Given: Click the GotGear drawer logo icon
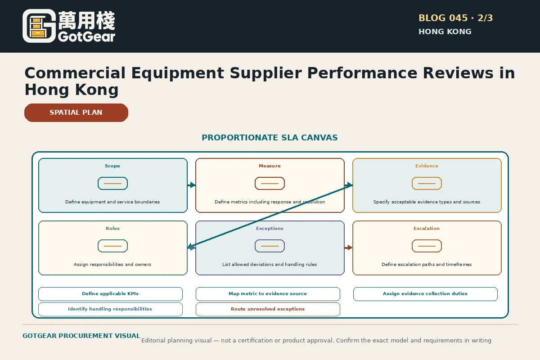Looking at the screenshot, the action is pyautogui.click(x=39, y=26).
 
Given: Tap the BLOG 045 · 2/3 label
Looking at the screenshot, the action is pyautogui.click(x=455, y=18).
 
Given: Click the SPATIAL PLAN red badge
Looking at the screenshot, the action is pyautogui.click(x=76, y=112).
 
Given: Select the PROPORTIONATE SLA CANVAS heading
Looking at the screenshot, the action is pyautogui.click(x=270, y=137).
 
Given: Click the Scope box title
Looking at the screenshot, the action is pyautogui.click(x=112, y=166).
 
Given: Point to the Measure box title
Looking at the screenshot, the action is pyautogui.click(x=270, y=166).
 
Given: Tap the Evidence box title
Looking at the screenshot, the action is pyautogui.click(x=427, y=166).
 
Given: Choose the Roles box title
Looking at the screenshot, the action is pyautogui.click(x=112, y=228).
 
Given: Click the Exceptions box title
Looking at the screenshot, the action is pyautogui.click(x=270, y=228).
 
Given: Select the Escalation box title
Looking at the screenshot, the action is pyautogui.click(x=427, y=228).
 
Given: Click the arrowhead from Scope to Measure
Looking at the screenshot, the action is pyautogui.click(x=193, y=185).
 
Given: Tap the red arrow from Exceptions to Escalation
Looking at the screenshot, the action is pyautogui.click(x=348, y=247).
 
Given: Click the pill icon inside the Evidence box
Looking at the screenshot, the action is pyautogui.click(x=427, y=184).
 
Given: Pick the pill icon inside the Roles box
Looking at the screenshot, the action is pyautogui.click(x=112, y=246).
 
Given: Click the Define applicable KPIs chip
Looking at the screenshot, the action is pyautogui.click(x=110, y=294).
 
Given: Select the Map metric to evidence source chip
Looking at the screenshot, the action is pyautogui.click(x=268, y=294).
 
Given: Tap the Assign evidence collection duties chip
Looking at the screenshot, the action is pyautogui.click(x=425, y=294).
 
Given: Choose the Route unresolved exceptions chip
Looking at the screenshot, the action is pyautogui.click(x=268, y=309).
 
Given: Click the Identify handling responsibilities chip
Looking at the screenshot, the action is pyautogui.click(x=110, y=309).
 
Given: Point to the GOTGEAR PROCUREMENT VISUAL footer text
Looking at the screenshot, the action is pyautogui.click(x=81, y=336).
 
